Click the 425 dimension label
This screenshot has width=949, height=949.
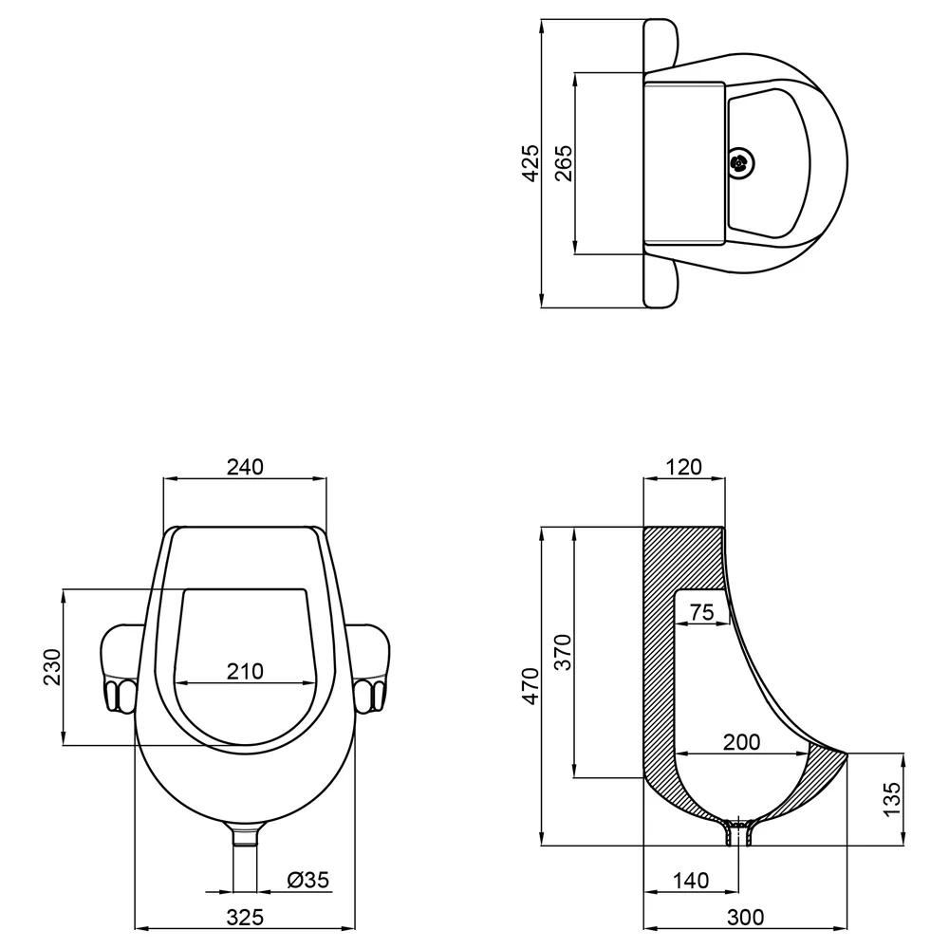tap(530, 163)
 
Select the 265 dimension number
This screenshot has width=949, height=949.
tap(563, 163)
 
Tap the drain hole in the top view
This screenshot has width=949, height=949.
tap(739, 162)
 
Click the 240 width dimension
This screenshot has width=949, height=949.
tap(245, 467)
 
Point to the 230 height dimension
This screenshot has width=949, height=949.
tap(52, 667)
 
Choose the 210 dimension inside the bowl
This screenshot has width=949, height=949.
tap(245, 671)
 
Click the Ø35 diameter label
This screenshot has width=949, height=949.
tap(308, 880)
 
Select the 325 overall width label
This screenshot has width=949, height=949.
tap(245, 918)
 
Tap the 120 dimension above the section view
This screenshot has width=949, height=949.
tap(684, 467)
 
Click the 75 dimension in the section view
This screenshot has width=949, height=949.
tap(702, 612)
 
